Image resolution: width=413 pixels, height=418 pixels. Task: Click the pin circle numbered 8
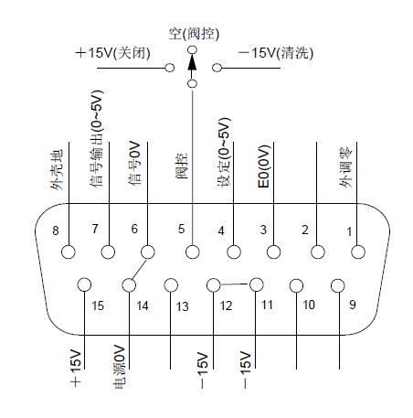[69, 252]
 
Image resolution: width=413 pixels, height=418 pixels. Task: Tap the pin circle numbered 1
[358, 252]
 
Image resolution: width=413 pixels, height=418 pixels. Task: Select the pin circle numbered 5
[193, 252]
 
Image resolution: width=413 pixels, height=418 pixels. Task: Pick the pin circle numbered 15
[84, 285]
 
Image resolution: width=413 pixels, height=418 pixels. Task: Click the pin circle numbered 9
[338, 286]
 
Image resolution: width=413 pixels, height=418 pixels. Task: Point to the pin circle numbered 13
[171, 285]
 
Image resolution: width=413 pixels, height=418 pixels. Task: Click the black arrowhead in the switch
[192, 62]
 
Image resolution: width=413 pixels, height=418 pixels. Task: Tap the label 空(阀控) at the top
[195, 34]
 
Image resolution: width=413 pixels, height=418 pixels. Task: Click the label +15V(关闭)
[112, 53]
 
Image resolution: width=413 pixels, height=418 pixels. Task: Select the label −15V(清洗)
[276, 53]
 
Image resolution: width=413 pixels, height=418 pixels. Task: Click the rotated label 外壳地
[57, 169]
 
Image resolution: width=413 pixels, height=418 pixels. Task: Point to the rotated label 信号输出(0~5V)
[97, 138]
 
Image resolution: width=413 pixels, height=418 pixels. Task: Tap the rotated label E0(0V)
[264, 166]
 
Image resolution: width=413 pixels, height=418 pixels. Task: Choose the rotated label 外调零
[345, 167]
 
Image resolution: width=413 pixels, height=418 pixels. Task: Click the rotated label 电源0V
[119, 367]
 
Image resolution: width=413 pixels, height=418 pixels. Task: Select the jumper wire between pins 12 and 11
[235, 284]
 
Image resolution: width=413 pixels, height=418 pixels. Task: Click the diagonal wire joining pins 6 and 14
[139, 269]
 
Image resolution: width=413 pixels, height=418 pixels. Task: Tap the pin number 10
[309, 305]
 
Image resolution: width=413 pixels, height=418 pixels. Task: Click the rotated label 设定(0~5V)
[224, 152]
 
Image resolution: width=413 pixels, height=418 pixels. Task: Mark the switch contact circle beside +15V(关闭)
[170, 68]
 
